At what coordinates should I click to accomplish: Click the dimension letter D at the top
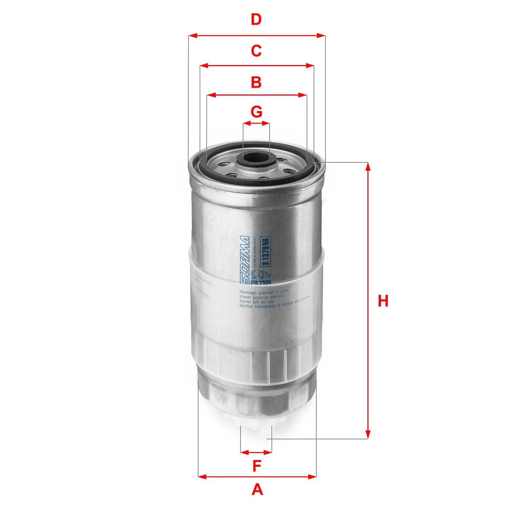256,20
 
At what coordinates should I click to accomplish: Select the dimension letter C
256,51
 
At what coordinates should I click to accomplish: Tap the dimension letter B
256,82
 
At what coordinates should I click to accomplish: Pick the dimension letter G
256,111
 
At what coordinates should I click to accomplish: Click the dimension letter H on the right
383,301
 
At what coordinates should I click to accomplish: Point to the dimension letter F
257,466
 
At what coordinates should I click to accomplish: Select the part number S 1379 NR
266,251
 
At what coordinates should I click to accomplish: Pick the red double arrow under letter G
256,124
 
